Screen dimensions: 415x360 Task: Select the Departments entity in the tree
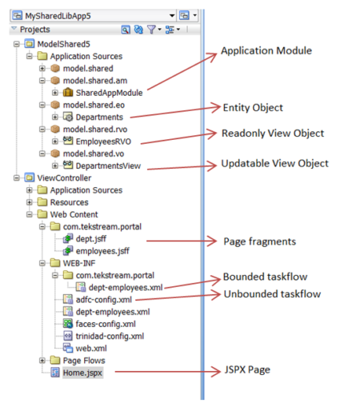pos(99,117)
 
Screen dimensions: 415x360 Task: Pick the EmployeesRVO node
pos(103,141)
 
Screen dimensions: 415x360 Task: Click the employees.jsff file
pos(95,250)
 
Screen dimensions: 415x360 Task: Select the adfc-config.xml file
pos(98,298)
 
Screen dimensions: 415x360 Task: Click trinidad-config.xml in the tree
pos(104,336)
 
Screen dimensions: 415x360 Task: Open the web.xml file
pos(90,349)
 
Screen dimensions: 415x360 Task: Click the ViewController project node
pos(63,178)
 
